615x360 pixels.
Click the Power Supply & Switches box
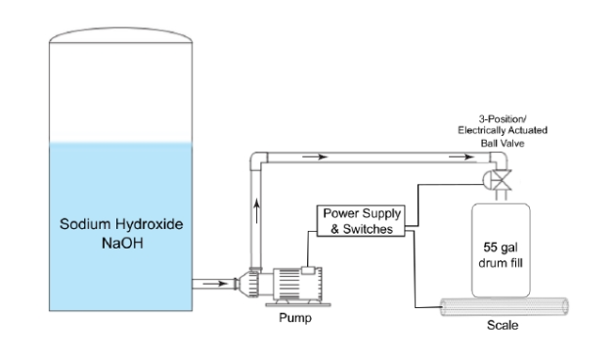point(361,221)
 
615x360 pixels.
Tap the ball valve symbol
point(498,180)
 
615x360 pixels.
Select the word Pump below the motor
point(295,317)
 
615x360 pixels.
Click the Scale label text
point(503,325)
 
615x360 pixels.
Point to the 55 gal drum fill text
point(501,254)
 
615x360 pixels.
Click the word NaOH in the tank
point(122,243)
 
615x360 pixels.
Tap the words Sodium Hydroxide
point(121,224)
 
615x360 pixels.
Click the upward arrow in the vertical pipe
point(256,211)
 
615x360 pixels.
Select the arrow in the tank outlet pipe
point(215,284)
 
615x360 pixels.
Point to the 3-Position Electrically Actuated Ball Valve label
point(503,131)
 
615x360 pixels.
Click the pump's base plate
point(298,304)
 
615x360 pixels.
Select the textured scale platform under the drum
point(504,306)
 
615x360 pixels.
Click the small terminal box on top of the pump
point(308,270)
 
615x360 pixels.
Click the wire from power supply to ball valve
point(418,204)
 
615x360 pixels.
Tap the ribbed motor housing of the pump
point(297,284)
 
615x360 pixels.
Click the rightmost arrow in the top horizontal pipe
point(461,157)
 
